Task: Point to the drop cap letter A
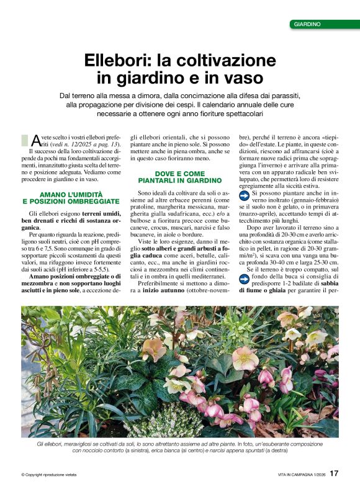pyautogui.click(x=36, y=140)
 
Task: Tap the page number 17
pyautogui.click(x=334, y=473)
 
